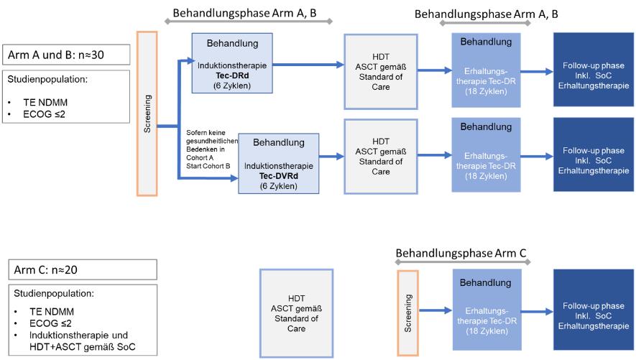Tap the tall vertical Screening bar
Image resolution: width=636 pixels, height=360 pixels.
(x=147, y=114)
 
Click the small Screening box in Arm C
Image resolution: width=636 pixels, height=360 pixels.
(x=407, y=314)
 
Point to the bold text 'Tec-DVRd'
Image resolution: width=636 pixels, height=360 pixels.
(x=280, y=176)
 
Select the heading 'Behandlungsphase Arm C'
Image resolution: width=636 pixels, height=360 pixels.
(x=461, y=253)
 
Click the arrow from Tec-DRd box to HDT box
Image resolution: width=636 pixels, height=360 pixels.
(x=308, y=65)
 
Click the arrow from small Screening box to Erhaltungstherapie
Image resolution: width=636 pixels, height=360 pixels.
(x=435, y=311)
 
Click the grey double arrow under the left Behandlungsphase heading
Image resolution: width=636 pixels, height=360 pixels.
(x=248, y=22)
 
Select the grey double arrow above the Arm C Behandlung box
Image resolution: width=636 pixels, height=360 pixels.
(x=461, y=264)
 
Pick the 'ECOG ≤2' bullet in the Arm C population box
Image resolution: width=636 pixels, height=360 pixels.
(x=50, y=323)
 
